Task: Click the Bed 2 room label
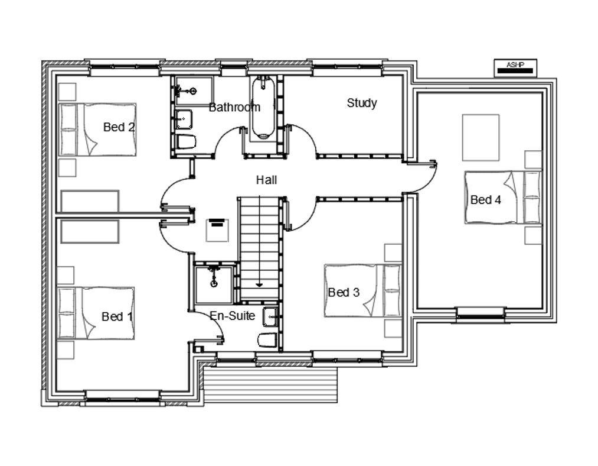point(119,127)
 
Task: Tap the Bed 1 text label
point(117,316)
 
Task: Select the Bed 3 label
point(344,293)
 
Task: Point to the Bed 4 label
point(485,200)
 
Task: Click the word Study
point(362,103)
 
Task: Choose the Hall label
point(267,180)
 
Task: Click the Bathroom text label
point(234,107)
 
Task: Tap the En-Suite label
point(232,316)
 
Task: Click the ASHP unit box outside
point(515,69)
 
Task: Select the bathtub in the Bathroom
point(263,108)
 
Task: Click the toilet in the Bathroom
point(186,142)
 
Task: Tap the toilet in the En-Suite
point(268,340)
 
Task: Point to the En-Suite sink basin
point(270,317)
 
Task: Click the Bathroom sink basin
point(184,119)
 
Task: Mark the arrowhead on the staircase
point(259,284)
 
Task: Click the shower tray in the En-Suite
point(214,284)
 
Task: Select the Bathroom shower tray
point(194,91)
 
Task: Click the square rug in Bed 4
point(481,138)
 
